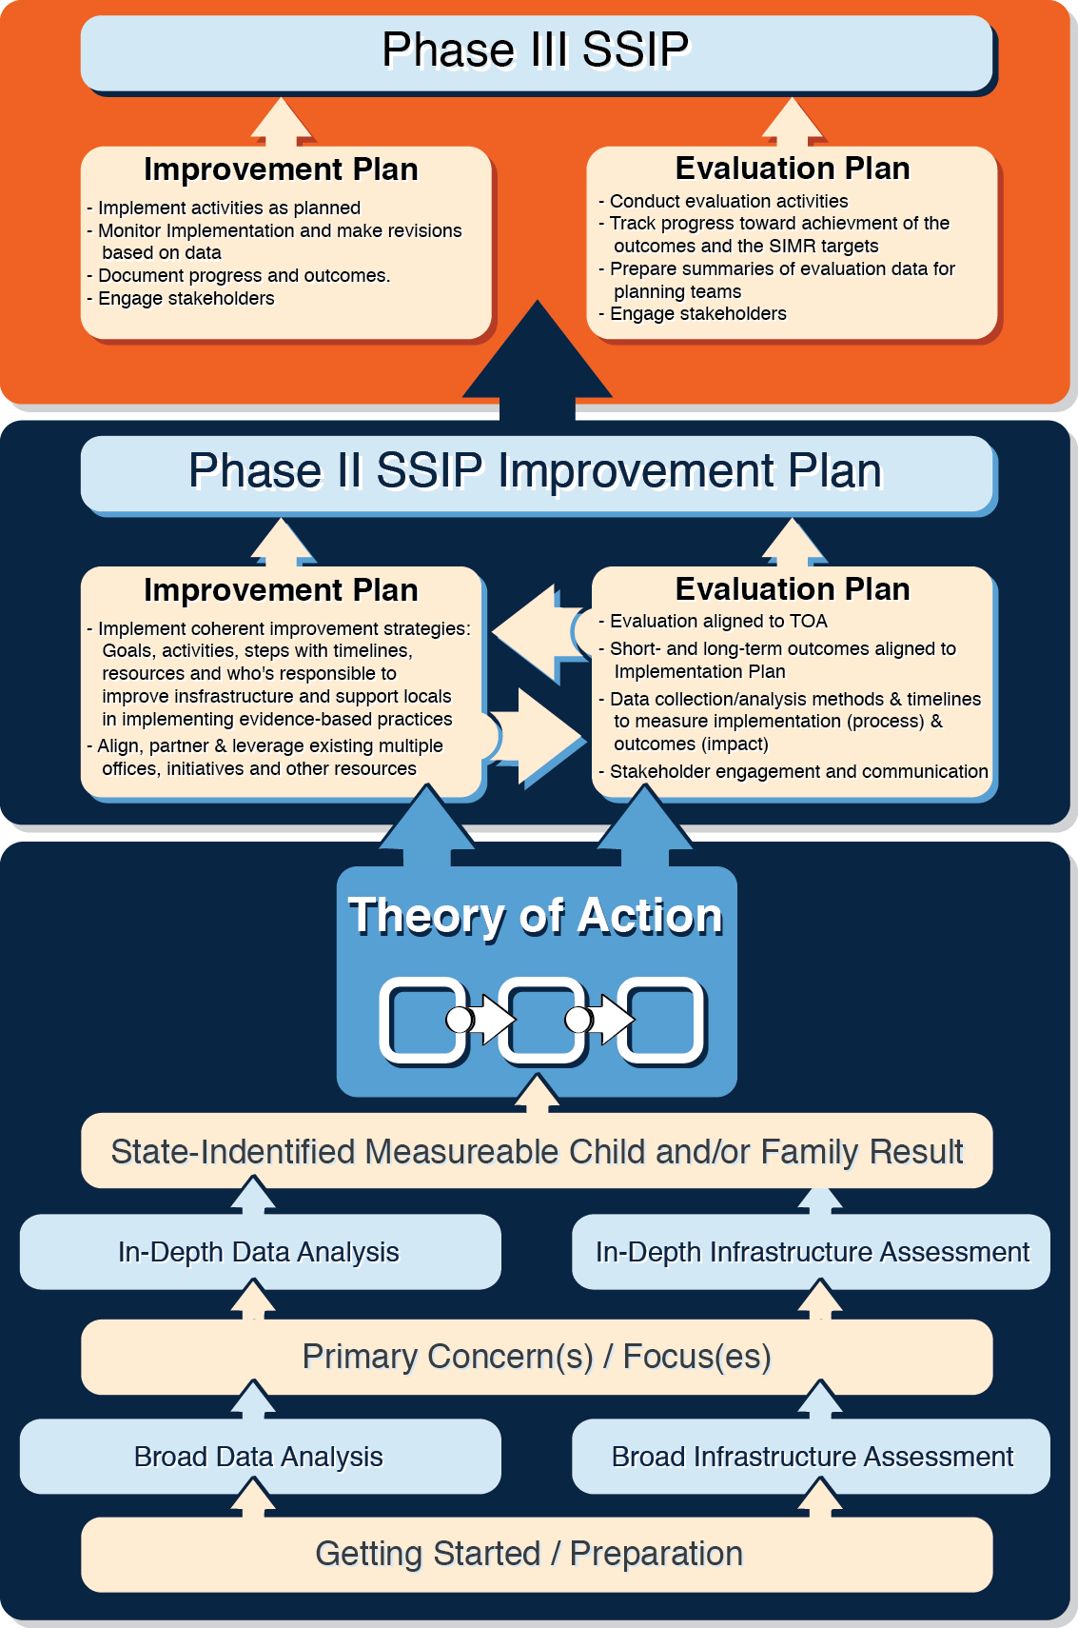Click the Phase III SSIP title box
click(x=537, y=53)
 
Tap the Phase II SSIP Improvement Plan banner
click(x=537, y=473)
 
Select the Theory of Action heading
click(x=536, y=915)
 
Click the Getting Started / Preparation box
click(x=537, y=1554)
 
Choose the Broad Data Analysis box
click(x=260, y=1456)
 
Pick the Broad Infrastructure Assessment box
click(x=811, y=1456)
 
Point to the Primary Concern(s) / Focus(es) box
click(x=537, y=1357)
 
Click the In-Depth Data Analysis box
click(x=260, y=1252)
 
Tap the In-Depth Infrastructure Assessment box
click(x=811, y=1252)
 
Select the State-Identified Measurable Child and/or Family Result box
click(x=537, y=1150)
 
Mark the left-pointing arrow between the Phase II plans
click(x=541, y=632)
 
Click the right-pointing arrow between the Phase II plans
click(x=538, y=737)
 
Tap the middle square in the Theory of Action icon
click(x=541, y=1019)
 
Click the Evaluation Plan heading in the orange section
click(x=793, y=168)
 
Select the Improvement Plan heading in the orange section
click(x=281, y=169)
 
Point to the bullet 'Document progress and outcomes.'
click(x=238, y=275)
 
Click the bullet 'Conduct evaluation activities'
click(x=723, y=201)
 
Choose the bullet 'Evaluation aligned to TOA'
click(x=713, y=622)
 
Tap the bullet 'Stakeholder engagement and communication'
click(x=793, y=771)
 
